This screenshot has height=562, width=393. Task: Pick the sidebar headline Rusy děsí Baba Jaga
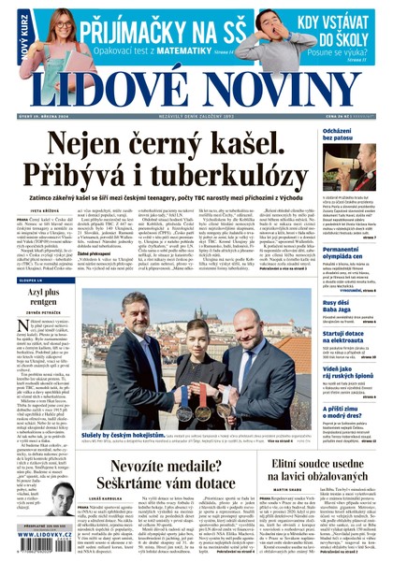click(x=338, y=307)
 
